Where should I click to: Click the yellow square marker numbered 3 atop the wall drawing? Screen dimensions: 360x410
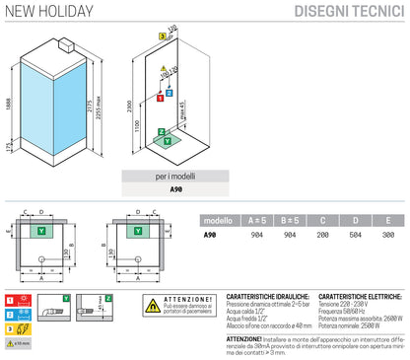pos(161,35)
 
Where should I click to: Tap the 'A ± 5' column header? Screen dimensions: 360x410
pos(257,221)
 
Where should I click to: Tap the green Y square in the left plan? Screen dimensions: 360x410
pos(41,230)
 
